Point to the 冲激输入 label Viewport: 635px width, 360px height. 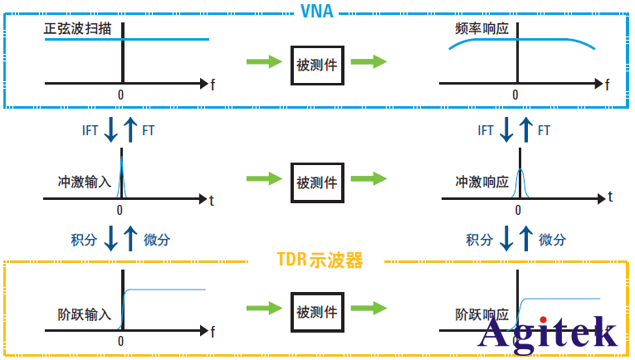tap(80, 180)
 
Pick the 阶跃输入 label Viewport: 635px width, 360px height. tap(80, 316)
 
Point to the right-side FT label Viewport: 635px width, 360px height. tap(545, 130)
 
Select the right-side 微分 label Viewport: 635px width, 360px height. tap(552, 240)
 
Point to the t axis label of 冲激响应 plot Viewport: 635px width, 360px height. tap(610, 197)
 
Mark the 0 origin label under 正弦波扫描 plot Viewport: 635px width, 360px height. tap(121, 94)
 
